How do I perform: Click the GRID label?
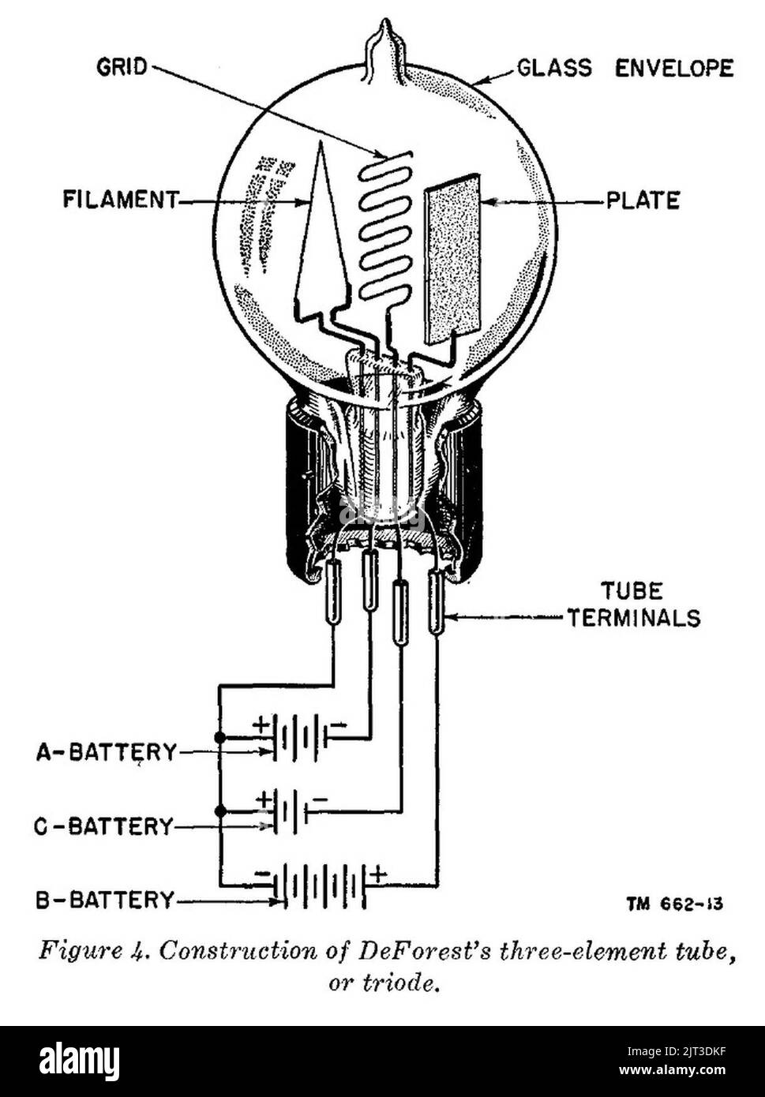(x=122, y=66)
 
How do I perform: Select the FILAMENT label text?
(x=121, y=200)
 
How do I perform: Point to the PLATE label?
(x=643, y=200)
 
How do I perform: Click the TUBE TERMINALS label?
(x=632, y=604)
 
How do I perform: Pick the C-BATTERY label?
(x=103, y=826)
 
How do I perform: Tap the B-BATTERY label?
(x=105, y=900)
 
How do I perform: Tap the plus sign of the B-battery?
(x=379, y=874)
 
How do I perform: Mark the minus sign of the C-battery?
(x=320, y=799)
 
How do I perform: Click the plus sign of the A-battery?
(x=260, y=723)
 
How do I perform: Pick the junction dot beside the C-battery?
(x=220, y=811)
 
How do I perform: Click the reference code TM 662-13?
(x=675, y=904)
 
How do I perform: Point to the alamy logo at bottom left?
(x=79, y=1061)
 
